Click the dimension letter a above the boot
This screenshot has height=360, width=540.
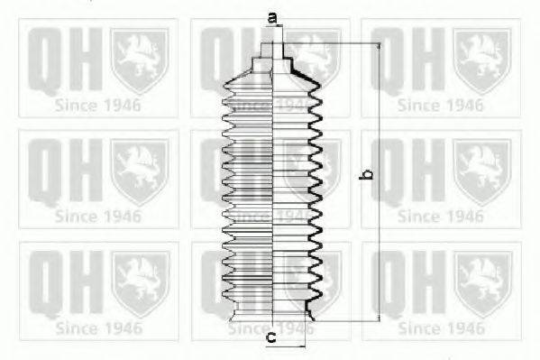coord(272,16)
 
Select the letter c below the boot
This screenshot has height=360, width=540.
coord(270,338)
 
